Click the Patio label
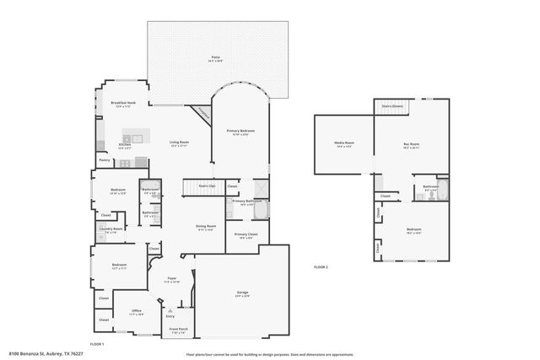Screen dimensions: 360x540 coord(216,59)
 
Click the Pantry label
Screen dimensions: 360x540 coord(105,159)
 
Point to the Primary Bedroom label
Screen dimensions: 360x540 coord(240,132)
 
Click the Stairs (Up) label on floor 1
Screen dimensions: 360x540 coord(207,185)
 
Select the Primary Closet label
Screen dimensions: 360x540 coord(246,235)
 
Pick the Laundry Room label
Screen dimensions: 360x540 coord(112,229)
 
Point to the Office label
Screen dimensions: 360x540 coord(137,311)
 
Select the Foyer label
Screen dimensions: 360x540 coord(171,278)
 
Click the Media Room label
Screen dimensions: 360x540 coord(344,144)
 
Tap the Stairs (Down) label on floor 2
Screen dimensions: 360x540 coord(392,106)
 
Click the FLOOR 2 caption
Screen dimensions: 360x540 coord(321,266)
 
